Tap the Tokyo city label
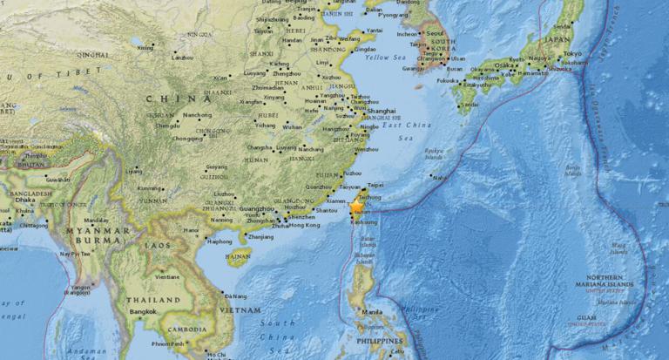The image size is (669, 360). [571, 53]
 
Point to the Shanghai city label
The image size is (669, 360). [381, 111]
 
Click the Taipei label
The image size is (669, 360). [375, 186]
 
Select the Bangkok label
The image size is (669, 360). [142, 311]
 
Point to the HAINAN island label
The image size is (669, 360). [238, 257]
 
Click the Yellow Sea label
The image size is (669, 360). [386, 58]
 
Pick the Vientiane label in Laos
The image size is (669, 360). [167, 276]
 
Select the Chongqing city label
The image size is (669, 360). [187, 138]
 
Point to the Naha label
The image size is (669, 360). [440, 178]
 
